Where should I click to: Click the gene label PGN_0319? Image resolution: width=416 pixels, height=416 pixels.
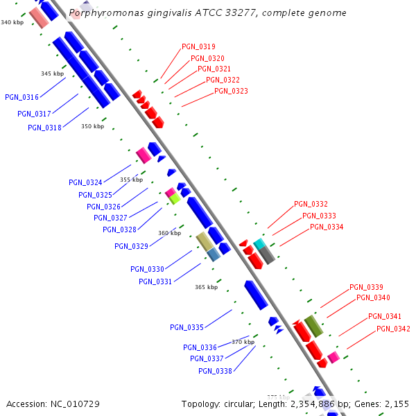click(198, 47)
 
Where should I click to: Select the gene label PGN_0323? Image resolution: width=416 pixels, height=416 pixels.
click(231, 91)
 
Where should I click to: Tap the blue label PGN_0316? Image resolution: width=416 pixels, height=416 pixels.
click(21, 97)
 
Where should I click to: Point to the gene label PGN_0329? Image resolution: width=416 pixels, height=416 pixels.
click(131, 246)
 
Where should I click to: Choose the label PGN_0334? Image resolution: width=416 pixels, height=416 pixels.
click(327, 227)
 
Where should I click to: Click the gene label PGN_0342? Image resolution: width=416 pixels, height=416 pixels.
click(393, 329)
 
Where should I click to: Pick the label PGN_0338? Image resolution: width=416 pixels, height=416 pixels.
click(215, 371)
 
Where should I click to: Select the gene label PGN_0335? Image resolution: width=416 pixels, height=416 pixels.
click(187, 327)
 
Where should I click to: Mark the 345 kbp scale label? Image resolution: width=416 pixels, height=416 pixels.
click(52, 73)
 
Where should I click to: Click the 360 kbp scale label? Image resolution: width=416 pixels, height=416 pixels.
click(170, 234)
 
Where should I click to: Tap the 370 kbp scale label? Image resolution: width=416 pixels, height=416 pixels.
click(243, 342)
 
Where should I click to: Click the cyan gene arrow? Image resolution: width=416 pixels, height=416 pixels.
click(259, 244)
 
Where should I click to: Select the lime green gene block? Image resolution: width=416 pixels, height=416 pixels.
click(175, 199)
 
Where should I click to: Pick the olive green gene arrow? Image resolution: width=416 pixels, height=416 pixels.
click(313, 325)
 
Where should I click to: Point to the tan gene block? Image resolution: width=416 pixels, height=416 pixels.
click(204, 241)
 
